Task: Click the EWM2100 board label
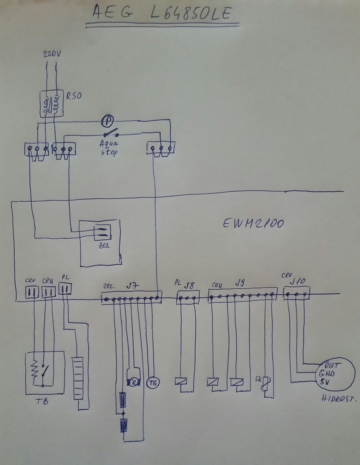point(253,223)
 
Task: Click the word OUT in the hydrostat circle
point(332,365)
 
